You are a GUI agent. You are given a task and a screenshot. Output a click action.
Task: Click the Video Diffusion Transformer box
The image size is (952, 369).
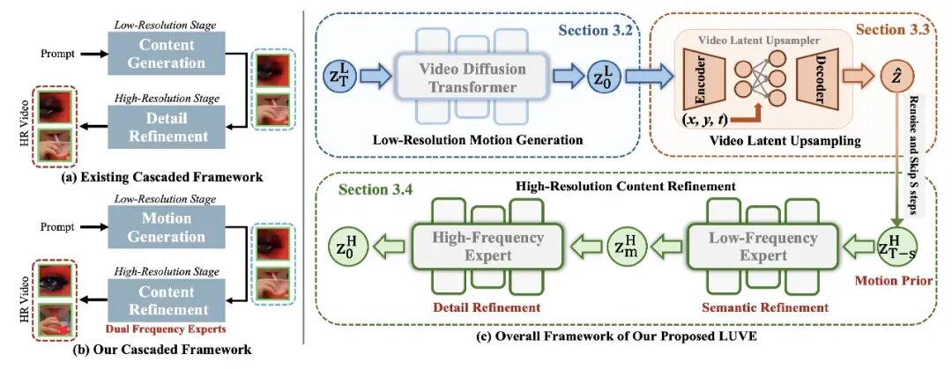tap(472, 77)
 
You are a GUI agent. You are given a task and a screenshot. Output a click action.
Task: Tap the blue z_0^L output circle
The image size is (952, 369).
tap(604, 77)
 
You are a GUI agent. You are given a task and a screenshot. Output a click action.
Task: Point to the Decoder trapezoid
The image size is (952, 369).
tap(821, 77)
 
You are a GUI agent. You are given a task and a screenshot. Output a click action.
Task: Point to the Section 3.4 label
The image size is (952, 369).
tap(376, 188)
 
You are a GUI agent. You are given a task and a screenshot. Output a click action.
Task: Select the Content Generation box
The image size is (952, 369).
tap(167, 54)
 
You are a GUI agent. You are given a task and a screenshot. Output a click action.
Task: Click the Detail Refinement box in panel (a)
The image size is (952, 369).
tap(167, 127)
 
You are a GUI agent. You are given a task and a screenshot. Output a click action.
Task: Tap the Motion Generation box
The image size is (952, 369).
tap(167, 227)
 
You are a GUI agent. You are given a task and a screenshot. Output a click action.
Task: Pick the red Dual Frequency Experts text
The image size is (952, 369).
tap(167, 330)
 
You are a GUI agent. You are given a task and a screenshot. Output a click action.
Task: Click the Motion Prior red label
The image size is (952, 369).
tap(885, 282)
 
